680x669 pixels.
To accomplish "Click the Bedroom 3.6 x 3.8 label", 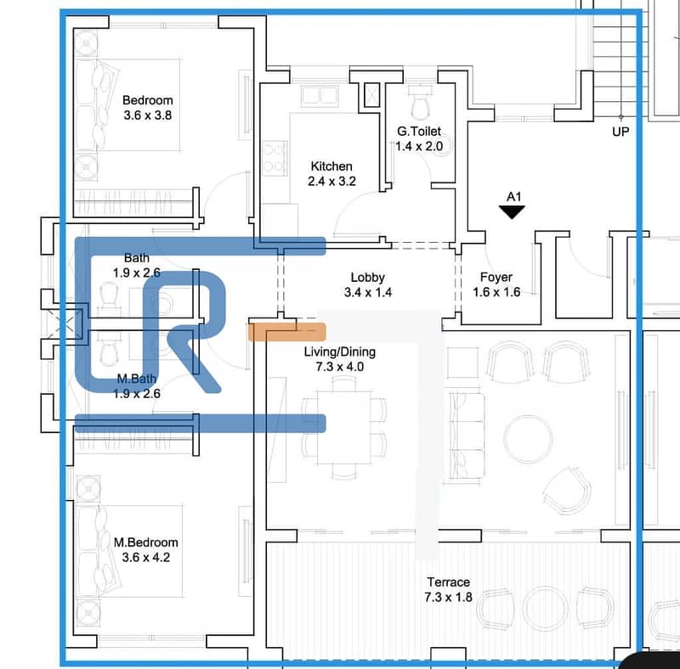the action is (x=147, y=108).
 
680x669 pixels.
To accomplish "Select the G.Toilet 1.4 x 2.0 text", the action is (x=419, y=138).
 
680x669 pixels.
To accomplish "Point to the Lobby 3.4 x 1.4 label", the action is (x=368, y=284).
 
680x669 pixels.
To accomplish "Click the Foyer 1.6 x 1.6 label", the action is (x=496, y=284).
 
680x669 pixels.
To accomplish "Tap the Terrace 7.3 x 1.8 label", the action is (x=449, y=589).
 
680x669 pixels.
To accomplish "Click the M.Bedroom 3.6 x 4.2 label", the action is (x=146, y=550).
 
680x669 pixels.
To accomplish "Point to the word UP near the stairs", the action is (x=620, y=132).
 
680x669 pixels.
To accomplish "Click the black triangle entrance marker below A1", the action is (x=513, y=211).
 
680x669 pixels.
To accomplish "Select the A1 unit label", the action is (x=514, y=197).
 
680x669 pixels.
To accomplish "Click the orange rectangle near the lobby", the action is (x=287, y=332).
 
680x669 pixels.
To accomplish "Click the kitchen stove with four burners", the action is (x=275, y=158).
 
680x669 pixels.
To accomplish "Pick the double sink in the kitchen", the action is (x=320, y=96).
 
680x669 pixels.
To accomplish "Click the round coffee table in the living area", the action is (x=528, y=438).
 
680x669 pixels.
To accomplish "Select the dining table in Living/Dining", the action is (x=344, y=428).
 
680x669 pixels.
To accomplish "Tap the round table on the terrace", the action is (x=545, y=609).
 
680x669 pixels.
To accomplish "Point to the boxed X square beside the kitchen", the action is (x=371, y=94).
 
